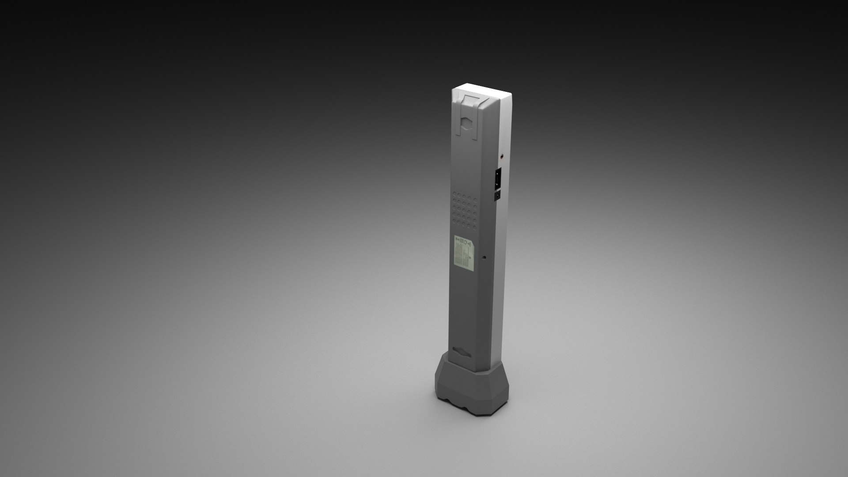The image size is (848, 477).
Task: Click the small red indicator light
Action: click(x=501, y=156)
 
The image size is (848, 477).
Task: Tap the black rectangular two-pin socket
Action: click(x=497, y=178)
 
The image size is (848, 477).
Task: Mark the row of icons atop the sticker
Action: click(x=465, y=242)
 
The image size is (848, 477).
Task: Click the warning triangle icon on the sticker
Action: click(x=469, y=242)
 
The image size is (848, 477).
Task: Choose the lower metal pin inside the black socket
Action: click(x=497, y=183)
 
